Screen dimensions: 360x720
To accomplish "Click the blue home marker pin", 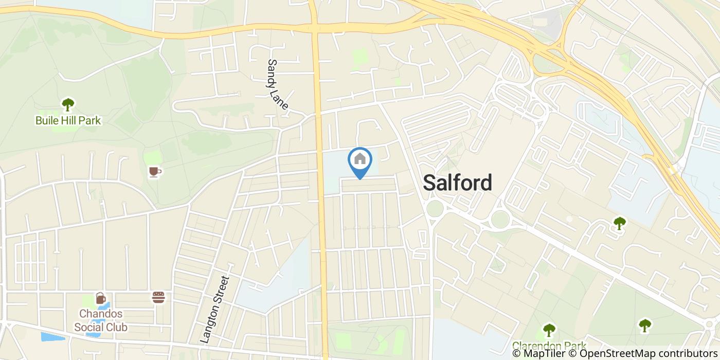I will pos(360,160).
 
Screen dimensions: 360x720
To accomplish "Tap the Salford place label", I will pos(457,183).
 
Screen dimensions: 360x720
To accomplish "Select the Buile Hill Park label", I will pos(68,121).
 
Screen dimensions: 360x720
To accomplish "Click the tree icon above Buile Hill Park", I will pos(68,104).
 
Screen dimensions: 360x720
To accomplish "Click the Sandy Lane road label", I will pos(278,84).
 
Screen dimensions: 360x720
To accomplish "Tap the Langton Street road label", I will pos(215,309).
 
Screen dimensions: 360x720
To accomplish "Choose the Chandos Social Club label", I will pos(101,320).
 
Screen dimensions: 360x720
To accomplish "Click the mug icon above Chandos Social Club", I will pos(100,298).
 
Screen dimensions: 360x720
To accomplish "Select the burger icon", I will pos(158,297).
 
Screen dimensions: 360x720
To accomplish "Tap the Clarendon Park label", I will pos(549,346).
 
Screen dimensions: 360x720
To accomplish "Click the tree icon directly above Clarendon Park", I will pos(549,329).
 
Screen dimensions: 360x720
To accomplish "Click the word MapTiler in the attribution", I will pos(543,353).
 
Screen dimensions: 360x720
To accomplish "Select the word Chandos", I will pos(101,314).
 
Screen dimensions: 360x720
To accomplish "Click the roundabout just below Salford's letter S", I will pos(435,209).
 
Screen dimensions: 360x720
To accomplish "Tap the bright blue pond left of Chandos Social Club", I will pos(53,337).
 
